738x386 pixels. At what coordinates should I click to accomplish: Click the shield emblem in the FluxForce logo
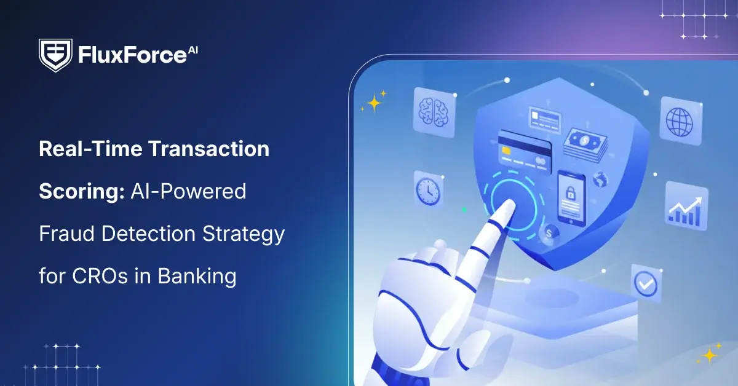tap(56, 55)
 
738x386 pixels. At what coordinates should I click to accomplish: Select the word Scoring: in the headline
tap(81, 192)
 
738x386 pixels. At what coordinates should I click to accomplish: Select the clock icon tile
tap(427, 190)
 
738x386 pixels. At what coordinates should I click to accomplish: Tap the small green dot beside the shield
tap(464, 210)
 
